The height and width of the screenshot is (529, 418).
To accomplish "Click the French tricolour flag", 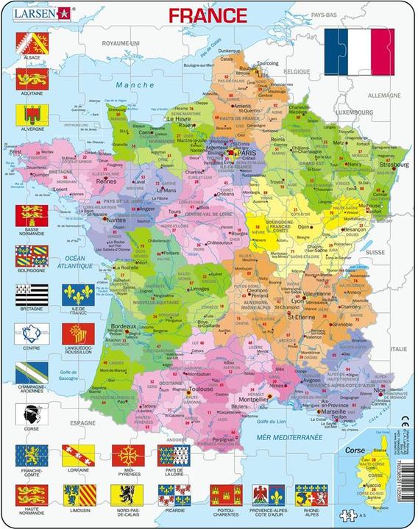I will click(359, 51).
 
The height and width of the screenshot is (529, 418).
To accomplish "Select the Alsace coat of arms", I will click(32, 40).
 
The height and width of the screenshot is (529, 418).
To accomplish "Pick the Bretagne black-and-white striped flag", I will click(32, 295).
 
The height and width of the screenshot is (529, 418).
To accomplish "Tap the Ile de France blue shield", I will click(77, 295).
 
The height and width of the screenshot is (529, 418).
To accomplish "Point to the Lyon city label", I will click(297, 301).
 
